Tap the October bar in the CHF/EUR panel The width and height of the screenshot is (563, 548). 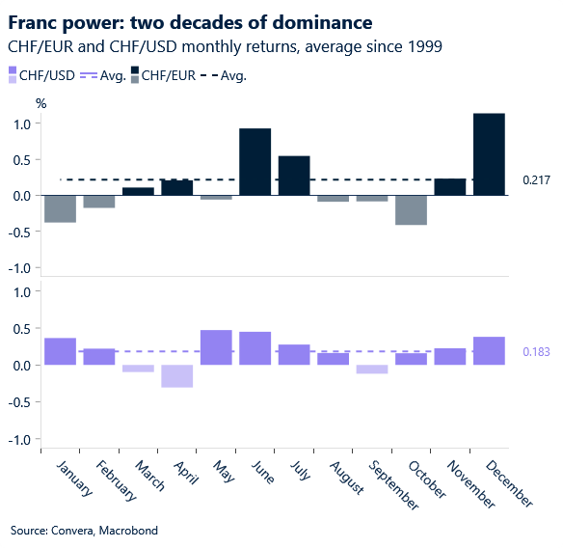(x=411, y=210)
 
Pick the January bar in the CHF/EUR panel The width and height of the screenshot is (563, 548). (x=60, y=208)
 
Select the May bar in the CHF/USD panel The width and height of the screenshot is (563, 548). (x=216, y=347)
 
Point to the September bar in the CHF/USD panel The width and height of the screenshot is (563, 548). (x=371, y=370)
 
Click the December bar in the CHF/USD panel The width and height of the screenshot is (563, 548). (x=489, y=351)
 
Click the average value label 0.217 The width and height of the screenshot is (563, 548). (x=536, y=179)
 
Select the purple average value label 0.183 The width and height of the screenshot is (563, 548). (x=536, y=352)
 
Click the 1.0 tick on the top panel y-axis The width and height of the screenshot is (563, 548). (x=24, y=123)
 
